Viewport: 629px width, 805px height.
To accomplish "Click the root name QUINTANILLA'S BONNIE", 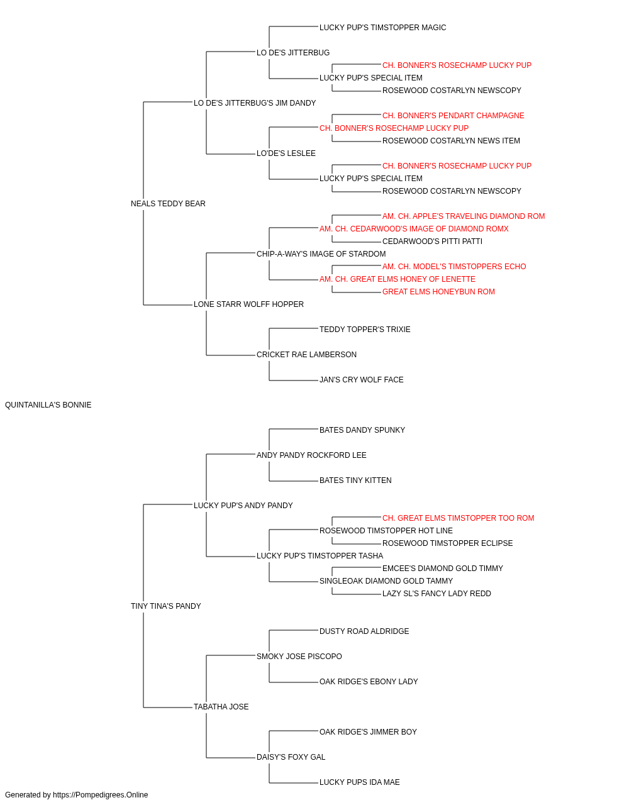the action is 48,405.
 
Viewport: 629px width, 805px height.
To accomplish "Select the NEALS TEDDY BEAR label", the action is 168,204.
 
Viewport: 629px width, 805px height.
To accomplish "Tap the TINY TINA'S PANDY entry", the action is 165,606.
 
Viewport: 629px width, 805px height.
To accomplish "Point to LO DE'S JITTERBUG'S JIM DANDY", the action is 255,103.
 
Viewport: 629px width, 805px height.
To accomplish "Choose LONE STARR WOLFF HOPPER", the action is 248,304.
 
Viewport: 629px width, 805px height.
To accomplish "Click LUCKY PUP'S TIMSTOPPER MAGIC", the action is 382,28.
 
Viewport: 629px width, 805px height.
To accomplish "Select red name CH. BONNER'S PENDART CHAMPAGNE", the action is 453,116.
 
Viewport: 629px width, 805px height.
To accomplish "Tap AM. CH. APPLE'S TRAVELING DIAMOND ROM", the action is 464,216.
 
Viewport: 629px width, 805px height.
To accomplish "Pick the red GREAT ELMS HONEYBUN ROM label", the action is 438,292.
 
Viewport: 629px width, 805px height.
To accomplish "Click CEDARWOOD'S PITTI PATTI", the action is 432,241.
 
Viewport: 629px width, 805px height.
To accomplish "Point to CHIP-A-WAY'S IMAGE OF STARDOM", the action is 321,253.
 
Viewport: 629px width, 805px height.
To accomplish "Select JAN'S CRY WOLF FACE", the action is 361,380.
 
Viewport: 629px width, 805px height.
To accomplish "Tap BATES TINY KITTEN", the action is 355,480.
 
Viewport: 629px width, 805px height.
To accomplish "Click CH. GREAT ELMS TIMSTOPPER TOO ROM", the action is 458,518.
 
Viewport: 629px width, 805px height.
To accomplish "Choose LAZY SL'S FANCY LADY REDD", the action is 437,594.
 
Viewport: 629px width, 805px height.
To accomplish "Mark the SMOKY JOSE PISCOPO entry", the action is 299,657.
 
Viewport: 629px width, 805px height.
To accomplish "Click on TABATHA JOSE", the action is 221,707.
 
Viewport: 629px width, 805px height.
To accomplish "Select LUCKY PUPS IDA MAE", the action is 359,782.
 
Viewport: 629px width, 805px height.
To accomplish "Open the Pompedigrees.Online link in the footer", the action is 100,795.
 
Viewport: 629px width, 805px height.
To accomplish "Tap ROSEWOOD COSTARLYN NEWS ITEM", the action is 451,141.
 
